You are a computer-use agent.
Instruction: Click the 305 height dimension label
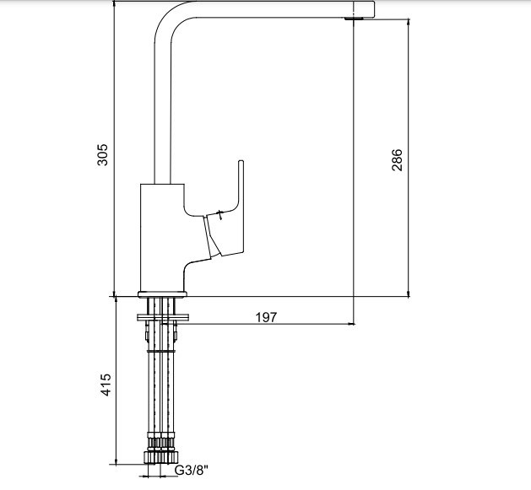point(102,155)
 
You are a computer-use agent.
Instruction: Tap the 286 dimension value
point(397,159)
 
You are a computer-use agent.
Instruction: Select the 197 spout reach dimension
point(266,317)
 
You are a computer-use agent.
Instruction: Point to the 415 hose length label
point(106,385)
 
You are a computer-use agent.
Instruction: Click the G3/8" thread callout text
point(192,470)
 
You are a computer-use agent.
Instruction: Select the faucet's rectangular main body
point(162,238)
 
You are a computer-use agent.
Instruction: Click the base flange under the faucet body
point(162,294)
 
